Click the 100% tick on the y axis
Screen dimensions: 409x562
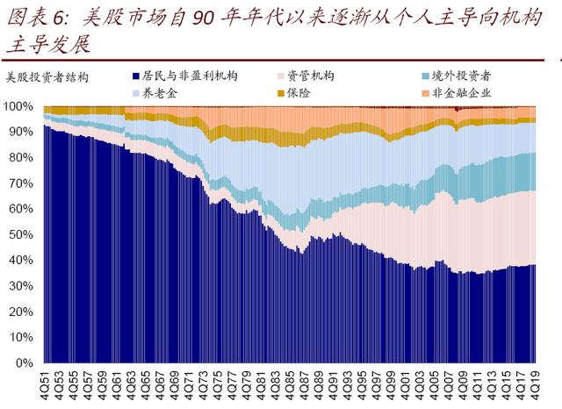[19, 106]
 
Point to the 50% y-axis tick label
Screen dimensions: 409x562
[22, 234]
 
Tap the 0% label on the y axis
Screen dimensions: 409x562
[25, 362]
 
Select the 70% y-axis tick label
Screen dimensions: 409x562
[22, 183]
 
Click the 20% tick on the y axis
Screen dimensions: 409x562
[22, 312]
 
